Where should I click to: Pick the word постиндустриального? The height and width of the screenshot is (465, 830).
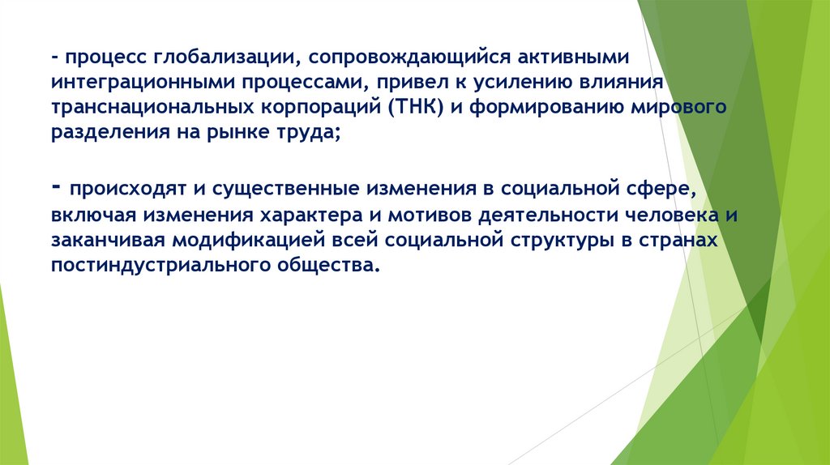[x=149, y=264]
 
